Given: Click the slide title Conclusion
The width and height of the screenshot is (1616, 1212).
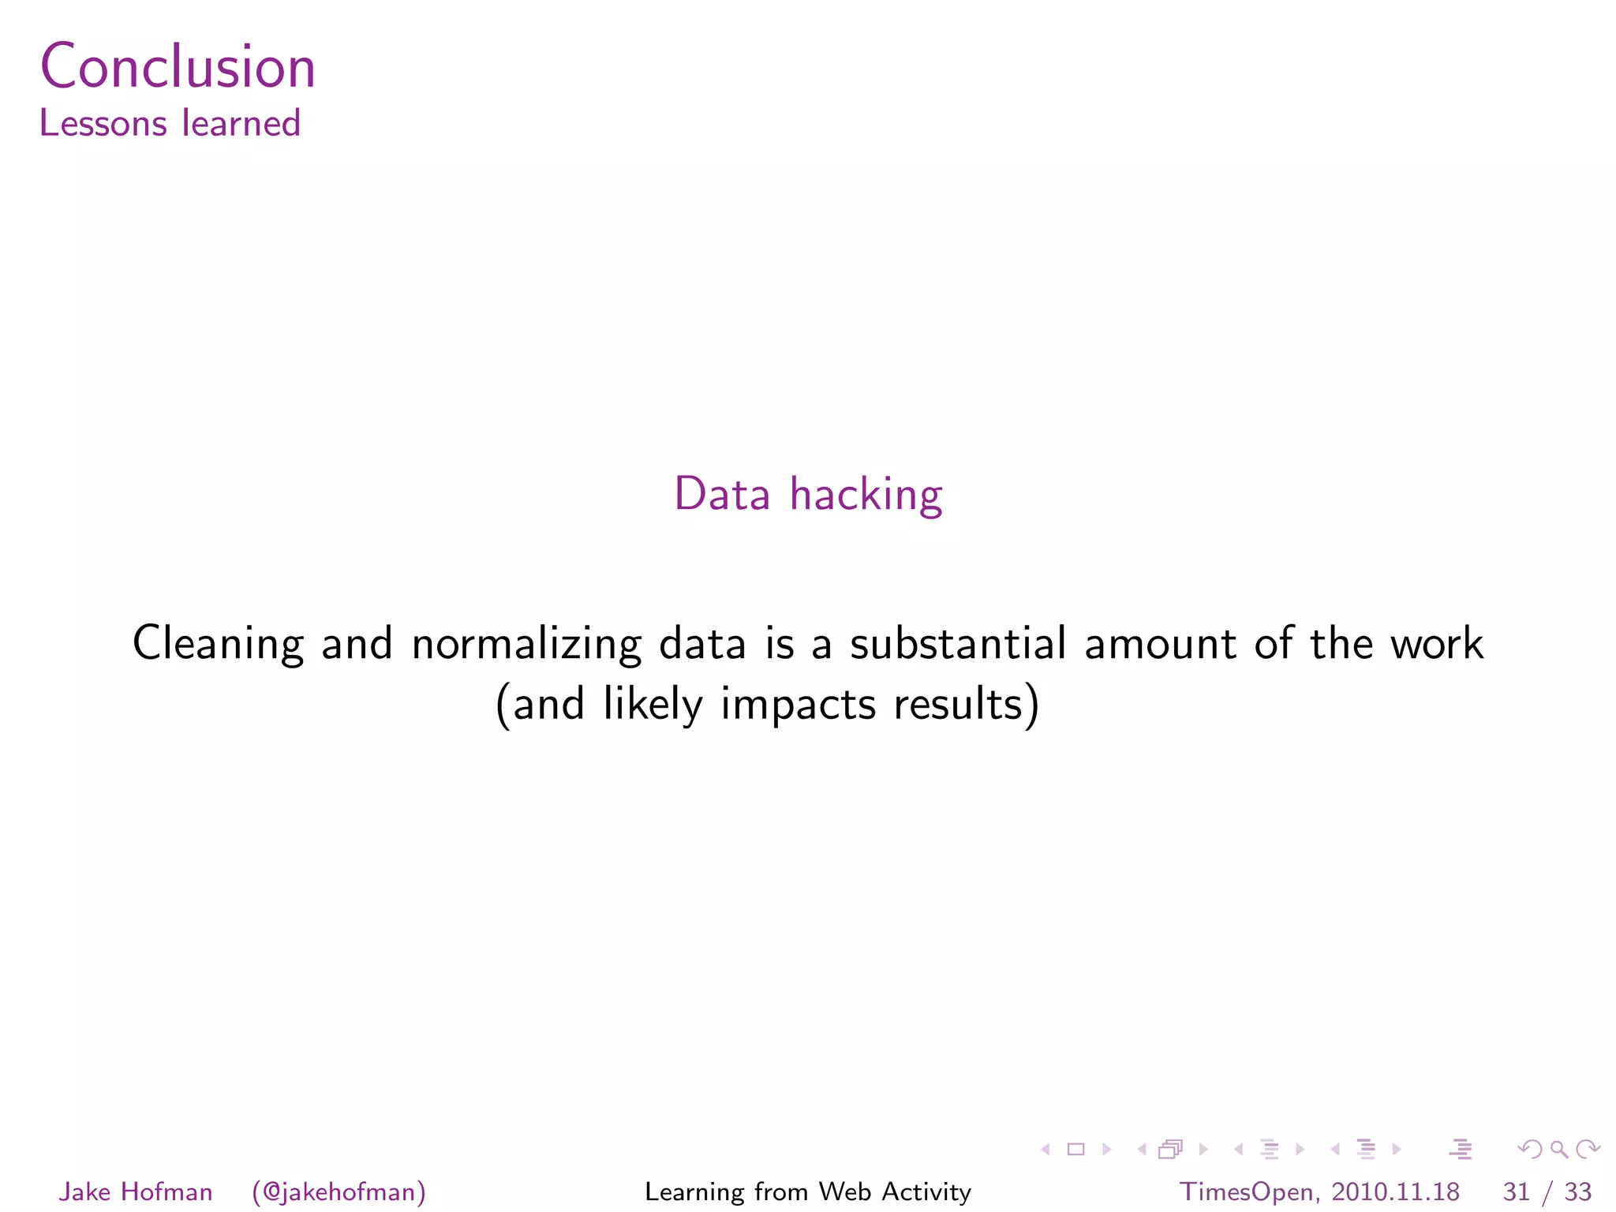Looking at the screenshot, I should [178, 66].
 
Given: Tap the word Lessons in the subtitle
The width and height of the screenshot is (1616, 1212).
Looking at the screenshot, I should [103, 124].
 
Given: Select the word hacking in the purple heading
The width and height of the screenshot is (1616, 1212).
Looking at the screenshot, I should [866, 496].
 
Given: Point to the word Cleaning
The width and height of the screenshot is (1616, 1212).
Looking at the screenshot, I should [218, 644].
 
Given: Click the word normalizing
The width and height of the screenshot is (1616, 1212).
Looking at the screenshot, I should [526, 644].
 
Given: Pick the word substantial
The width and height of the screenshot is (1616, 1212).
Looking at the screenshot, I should [958, 643].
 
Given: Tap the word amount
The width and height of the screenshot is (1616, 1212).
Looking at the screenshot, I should [1160, 643].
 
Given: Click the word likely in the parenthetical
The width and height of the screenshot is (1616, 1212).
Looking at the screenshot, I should [653, 704].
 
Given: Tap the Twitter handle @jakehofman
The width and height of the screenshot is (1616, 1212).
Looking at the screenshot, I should [339, 1192].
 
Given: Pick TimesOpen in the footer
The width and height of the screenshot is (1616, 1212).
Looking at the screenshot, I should [1246, 1191].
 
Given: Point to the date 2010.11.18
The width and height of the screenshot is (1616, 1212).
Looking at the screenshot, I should [1395, 1191].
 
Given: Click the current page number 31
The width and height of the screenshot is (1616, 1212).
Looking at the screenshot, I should [1517, 1191].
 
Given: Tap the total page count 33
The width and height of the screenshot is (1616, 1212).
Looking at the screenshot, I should [1577, 1191].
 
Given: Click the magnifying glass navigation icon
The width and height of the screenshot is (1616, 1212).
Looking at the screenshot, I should [1558, 1150].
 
